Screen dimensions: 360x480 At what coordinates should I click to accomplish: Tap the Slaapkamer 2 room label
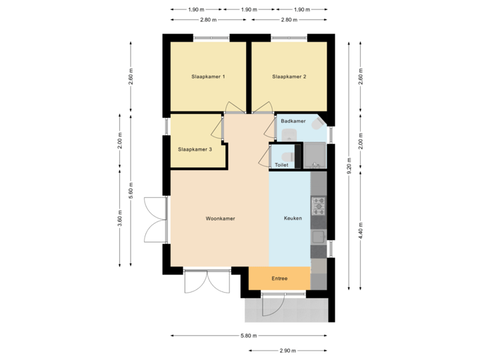click(x=289, y=77)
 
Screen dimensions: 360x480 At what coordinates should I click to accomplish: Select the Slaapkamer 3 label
click(x=195, y=149)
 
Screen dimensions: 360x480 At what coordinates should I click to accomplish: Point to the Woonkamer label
click(x=220, y=219)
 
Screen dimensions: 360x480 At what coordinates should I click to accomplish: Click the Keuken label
click(x=293, y=219)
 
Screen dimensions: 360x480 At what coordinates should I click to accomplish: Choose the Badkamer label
click(x=293, y=121)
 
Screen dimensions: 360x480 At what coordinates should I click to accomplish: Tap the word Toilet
click(x=281, y=165)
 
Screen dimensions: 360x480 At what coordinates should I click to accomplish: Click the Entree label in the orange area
click(x=279, y=278)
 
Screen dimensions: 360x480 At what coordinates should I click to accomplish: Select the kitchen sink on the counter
click(x=319, y=236)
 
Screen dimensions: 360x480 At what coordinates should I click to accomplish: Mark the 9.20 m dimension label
click(x=348, y=165)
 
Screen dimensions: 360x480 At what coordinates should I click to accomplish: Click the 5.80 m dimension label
click(x=247, y=336)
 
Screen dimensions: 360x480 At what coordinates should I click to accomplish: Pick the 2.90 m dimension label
click(x=288, y=350)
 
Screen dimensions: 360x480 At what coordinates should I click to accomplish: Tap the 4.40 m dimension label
click(x=361, y=230)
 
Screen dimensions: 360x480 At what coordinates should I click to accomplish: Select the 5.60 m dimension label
click(x=131, y=190)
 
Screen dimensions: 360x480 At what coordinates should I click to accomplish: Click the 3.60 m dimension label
click(x=119, y=219)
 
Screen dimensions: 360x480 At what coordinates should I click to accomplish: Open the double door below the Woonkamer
click(x=208, y=283)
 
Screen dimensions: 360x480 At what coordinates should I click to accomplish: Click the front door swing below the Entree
click(x=272, y=306)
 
